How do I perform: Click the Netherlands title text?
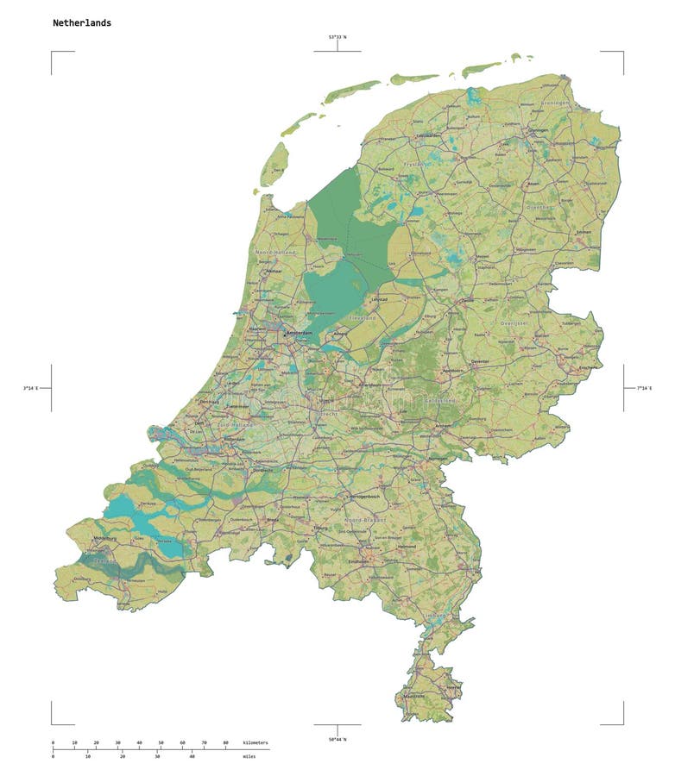82,23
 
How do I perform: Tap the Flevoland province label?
363,318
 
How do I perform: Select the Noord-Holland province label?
274,252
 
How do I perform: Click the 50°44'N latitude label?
337,740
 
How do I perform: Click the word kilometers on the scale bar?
255,742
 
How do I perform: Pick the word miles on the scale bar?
249,756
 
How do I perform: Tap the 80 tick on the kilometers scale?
226,742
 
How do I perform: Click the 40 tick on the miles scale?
192,756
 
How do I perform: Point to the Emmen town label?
584,233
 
